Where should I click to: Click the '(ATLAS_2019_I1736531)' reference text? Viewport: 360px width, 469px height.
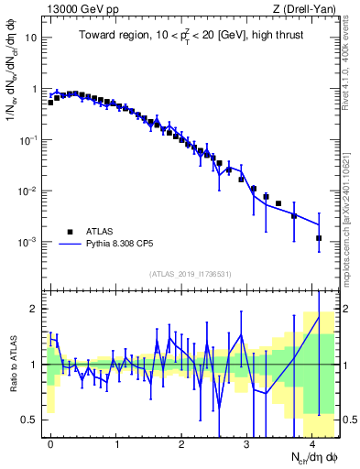pos(191,274)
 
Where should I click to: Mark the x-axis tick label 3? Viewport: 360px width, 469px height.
pos(247,443)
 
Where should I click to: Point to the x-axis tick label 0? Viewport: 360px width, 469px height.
pos(50,443)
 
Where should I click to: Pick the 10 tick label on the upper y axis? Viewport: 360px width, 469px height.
pos(31,39)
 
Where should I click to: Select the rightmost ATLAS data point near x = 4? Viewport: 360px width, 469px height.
pos(319,238)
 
